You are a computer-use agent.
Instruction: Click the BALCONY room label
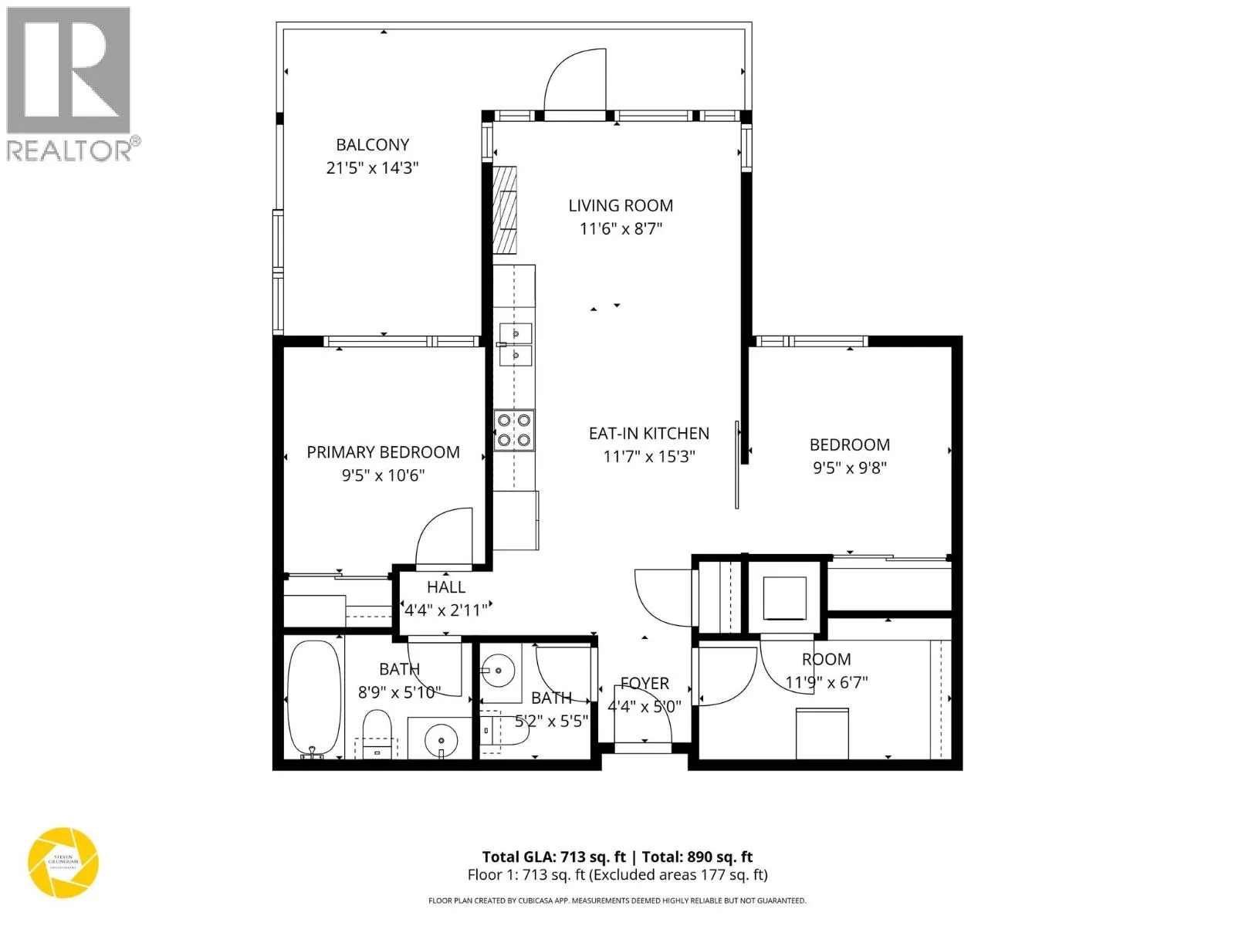[x=372, y=144]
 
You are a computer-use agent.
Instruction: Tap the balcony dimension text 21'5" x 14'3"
[x=372, y=167]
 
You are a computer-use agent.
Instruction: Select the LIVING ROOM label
[x=621, y=205]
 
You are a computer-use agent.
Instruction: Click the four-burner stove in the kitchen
[x=514, y=431]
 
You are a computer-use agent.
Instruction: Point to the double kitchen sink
[x=515, y=344]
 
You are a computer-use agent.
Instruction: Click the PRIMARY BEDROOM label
[x=383, y=452]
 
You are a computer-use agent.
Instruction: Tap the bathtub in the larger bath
[x=313, y=698]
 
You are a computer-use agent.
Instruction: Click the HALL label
[x=446, y=587]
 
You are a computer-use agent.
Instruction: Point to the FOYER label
[x=645, y=684]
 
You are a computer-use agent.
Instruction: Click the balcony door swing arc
[x=575, y=81]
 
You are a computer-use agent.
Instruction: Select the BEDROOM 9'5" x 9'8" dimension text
[x=849, y=468]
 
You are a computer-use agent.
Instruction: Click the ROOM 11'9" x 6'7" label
[x=826, y=660]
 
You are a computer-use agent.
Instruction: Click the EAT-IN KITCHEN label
[x=648, y=434]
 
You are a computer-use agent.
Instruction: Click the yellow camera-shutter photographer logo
[x=63, y=862]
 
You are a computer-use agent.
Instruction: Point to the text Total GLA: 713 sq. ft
[x=553, y=857]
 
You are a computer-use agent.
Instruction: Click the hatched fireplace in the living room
[x=505, y=210]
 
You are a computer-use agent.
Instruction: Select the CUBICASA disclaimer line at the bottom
[x=617, y=901]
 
